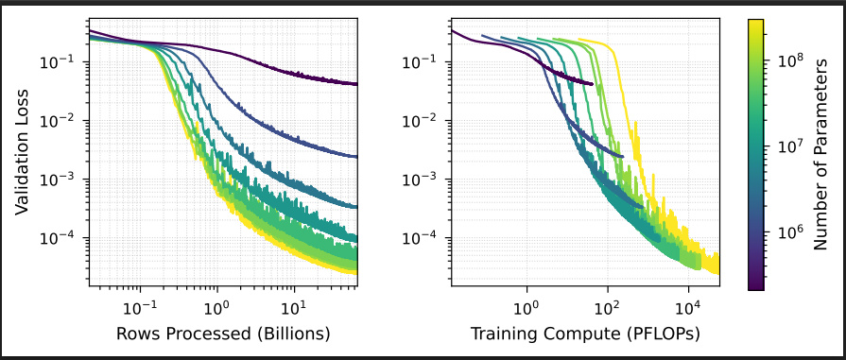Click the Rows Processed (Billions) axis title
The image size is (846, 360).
tap(223, 334)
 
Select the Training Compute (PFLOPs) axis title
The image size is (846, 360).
tap(585, 334)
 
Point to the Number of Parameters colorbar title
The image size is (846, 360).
tap(820, 154)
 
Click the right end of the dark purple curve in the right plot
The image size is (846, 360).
tap(593, 84)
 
